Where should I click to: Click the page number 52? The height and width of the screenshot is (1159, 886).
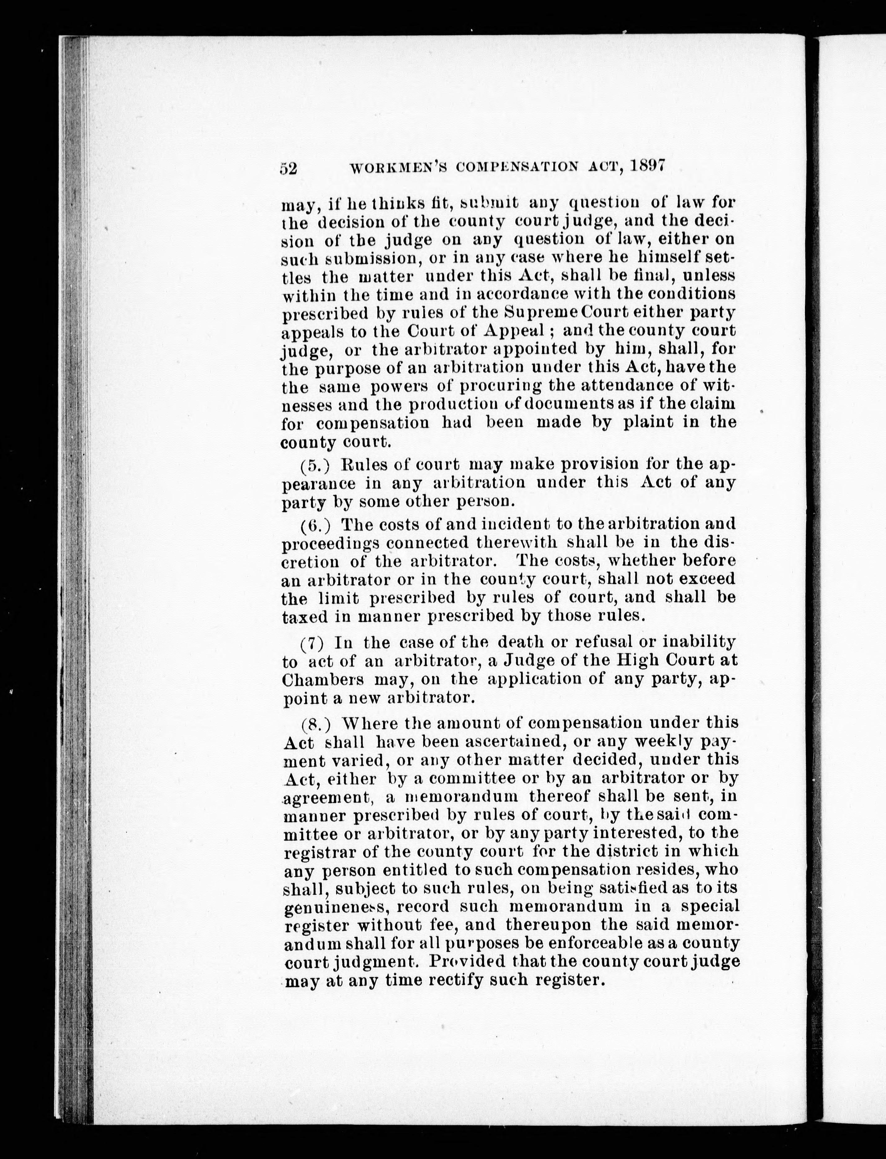[x=289, y=168]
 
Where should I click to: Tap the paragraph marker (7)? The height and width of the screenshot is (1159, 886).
[x=313, y=644]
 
